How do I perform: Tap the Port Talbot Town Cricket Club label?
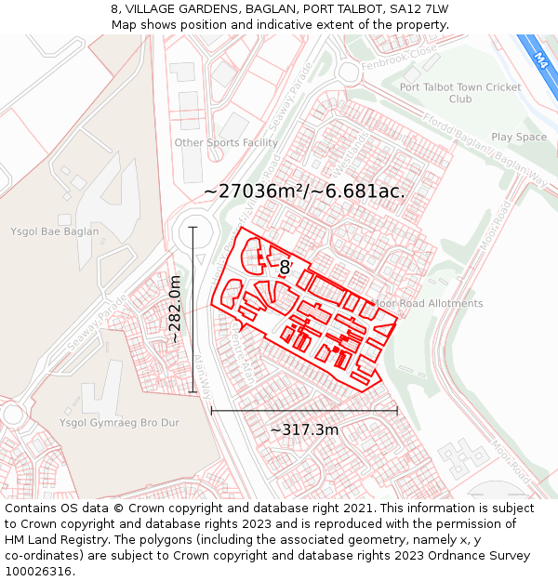click(460, 93)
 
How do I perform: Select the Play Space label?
click(519, 138)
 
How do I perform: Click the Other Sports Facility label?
click(226, 143)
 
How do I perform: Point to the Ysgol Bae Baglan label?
click(54, 231)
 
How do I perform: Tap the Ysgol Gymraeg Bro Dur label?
click(119, 423)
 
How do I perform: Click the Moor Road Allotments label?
click(428, 304)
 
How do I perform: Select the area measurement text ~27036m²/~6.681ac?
click(304, 191)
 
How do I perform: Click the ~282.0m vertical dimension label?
click(175, 310)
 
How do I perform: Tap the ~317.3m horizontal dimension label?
click(304, 429)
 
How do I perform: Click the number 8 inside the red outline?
click(285, 268)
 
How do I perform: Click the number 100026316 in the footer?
click(38, 572)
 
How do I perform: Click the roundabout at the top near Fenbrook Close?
click(349, 72)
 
